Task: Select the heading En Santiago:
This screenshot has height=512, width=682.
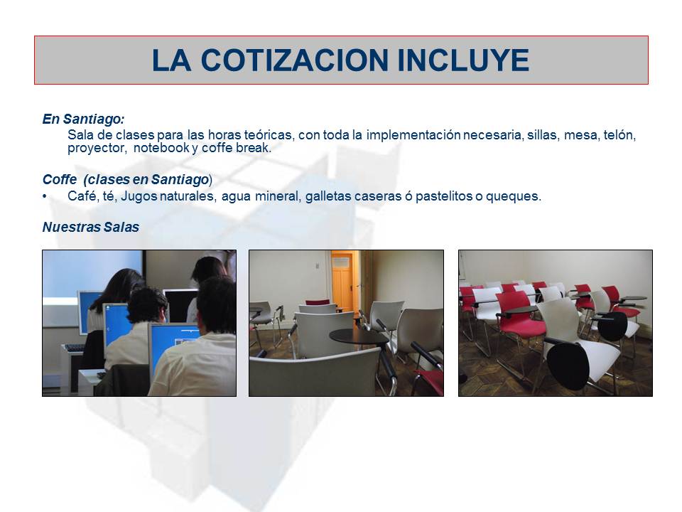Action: click(x=83, y=119)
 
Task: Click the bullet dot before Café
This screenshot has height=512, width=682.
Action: click(x=45, y=196)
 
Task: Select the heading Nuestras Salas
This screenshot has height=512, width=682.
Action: click(x=90, y=228)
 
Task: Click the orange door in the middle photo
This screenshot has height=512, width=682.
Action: click(x=342, y=280)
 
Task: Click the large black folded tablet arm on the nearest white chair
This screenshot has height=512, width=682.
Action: click(x=568, y=362)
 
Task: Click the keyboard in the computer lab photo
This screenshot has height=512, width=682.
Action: click(x=73, y=348)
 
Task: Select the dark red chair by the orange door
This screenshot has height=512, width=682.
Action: click(x=317, y=302)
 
